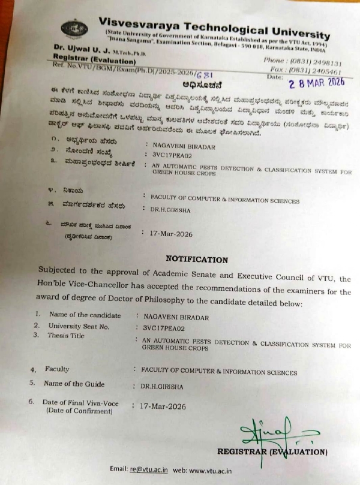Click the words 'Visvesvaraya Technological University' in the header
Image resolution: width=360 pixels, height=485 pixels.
[x=214, y=24]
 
